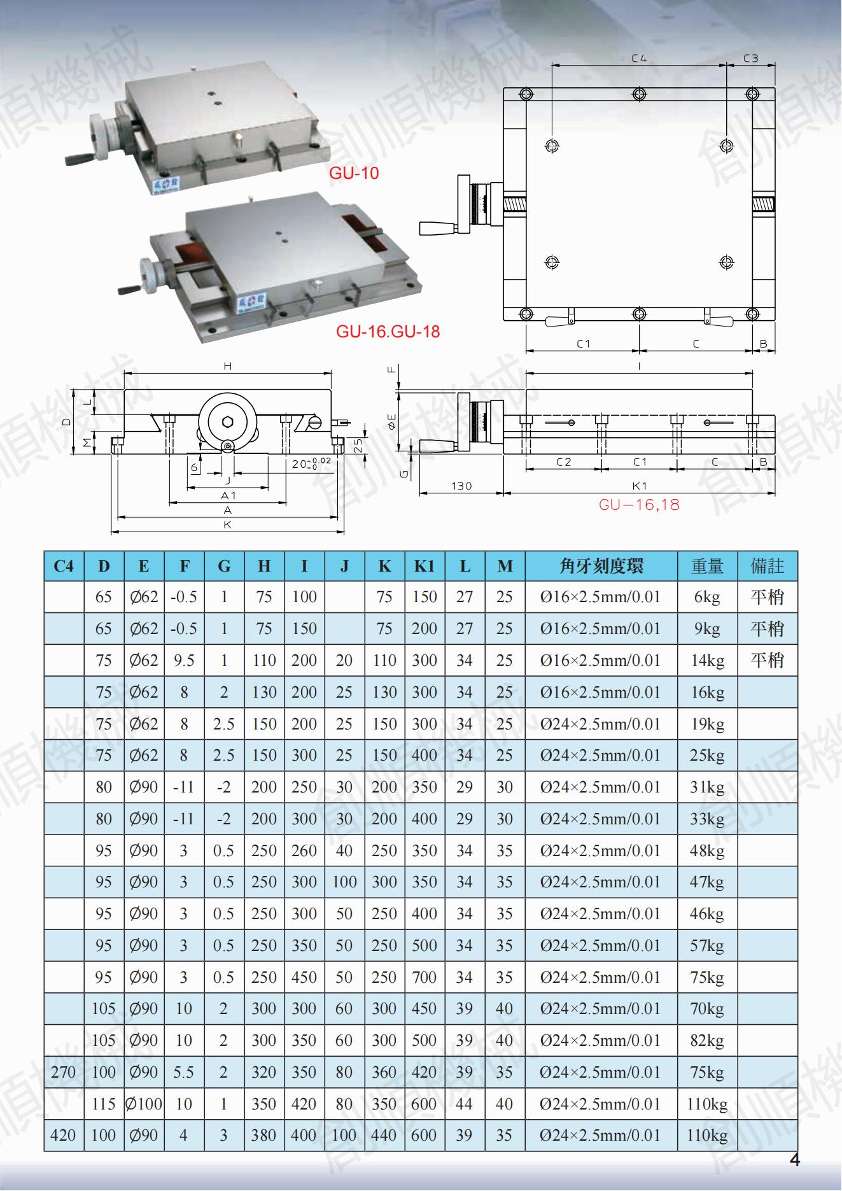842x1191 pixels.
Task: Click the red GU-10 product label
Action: coord(354,173)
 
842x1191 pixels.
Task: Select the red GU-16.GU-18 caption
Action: coord(388,331)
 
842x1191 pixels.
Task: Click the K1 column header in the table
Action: coord(424,566)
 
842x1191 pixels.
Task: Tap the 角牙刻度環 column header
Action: coord(601,566)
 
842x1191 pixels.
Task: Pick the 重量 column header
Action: coord(707,566)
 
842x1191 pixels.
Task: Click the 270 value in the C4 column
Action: coord(63,1072)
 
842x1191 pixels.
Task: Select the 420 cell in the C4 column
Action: coord(63,1135)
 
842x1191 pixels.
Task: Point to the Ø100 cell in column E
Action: coord(144,1104)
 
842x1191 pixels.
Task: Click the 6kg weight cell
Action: coord(707,597)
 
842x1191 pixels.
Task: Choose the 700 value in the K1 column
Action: coord(424,977)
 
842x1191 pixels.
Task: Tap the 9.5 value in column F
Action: coord(184,660)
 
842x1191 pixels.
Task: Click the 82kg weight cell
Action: coord(707,1040)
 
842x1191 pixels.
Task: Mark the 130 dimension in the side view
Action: coord(461,486)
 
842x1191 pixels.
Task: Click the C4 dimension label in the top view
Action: coord(639,58)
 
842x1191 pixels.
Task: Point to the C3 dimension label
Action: coord(751,58)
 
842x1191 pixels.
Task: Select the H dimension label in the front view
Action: coord(227,366)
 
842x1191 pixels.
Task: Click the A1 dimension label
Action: coord(228,495)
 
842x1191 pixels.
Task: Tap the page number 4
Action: coord(794,1160)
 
